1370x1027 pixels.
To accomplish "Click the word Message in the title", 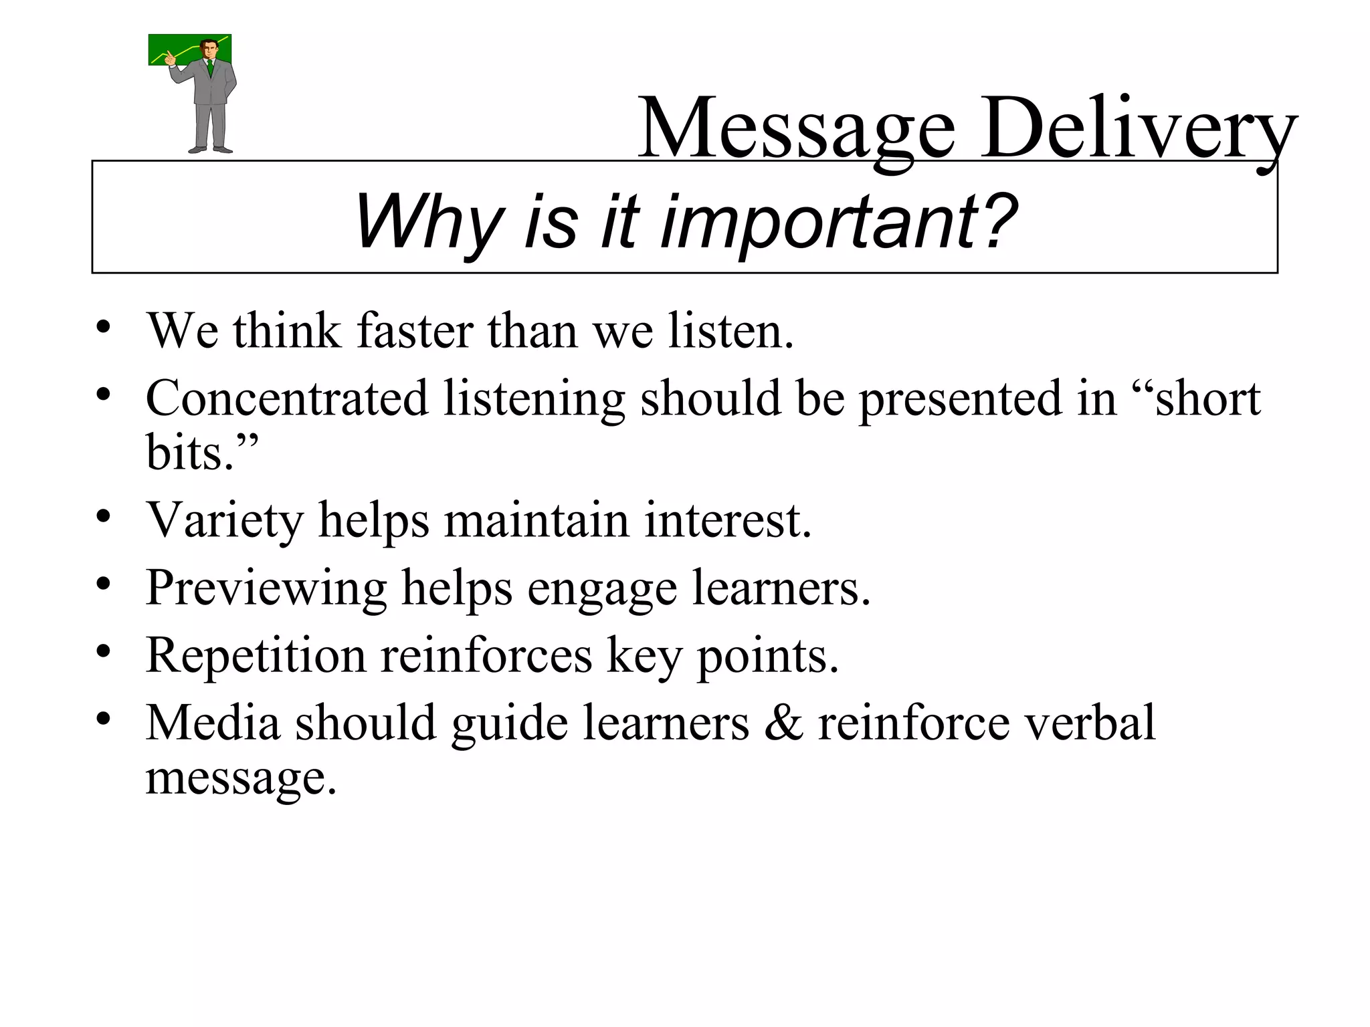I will tap(796, 128).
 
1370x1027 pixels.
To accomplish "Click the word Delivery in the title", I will tap(1137, 128).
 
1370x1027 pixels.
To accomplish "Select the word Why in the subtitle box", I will tap(428, 222).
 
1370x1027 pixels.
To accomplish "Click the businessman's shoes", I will tap(210, 148).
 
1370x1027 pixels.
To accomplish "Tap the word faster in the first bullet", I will tap(415, 330).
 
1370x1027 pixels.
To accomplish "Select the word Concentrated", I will tap(286, 398).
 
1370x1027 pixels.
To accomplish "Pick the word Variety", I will tap(225, 520).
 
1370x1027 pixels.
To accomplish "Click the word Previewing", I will tap(266, 588).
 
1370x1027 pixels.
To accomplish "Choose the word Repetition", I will tap(256, 655).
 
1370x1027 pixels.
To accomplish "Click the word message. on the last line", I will tap(241, 778).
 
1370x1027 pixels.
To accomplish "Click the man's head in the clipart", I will tap(209, 48).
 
